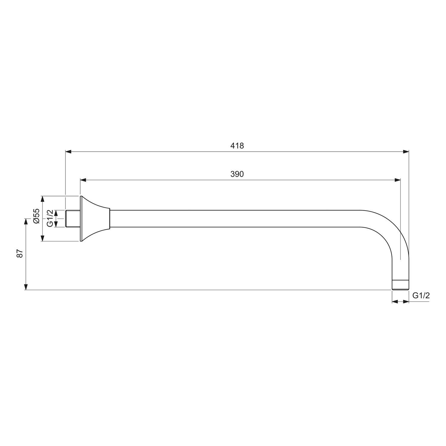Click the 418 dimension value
pos(237,146)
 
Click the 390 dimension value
pos(237,174)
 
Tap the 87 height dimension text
pos(20,254)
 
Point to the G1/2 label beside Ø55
pos(50,218)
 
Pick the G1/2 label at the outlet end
pos(421,295)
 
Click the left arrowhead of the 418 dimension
pos(68,152)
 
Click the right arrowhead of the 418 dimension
pos(406,152)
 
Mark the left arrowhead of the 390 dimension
pos(84,180)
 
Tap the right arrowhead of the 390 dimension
pos(397,180)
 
